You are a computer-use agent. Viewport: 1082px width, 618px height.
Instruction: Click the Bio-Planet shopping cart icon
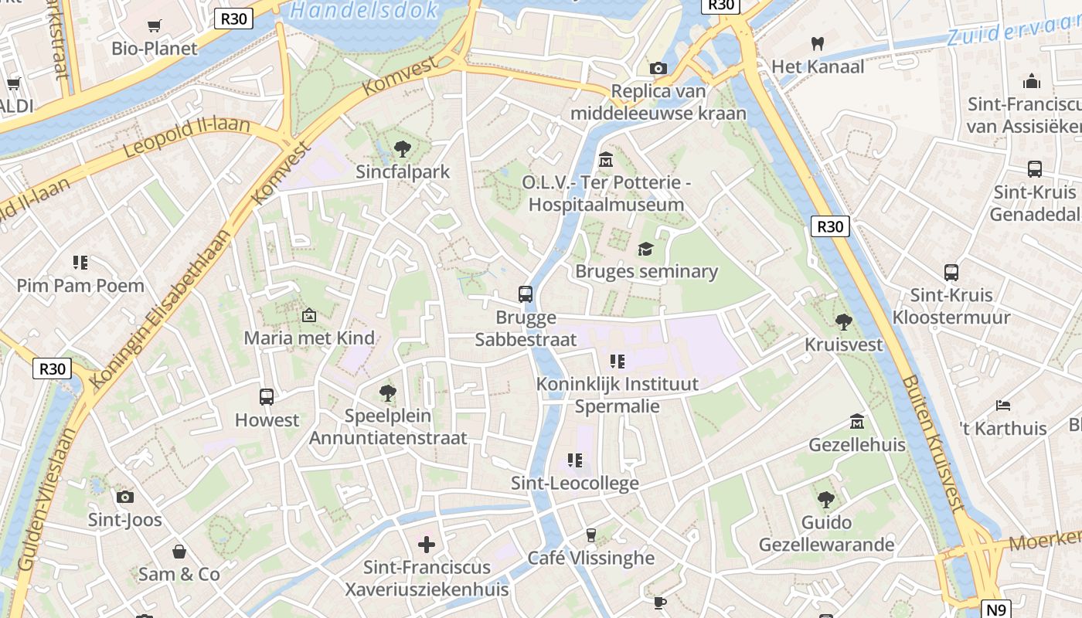click(154, 26)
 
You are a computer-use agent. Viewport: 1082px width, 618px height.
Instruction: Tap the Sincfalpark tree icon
click(402, 148)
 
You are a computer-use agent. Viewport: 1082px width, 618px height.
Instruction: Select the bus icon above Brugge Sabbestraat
click(526, 294)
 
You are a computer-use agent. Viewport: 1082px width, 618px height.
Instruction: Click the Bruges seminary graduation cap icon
click(645, 249)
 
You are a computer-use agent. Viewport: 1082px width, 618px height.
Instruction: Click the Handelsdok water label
click(364, 10)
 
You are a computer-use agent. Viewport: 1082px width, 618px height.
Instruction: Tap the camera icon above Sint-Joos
click(124, 497)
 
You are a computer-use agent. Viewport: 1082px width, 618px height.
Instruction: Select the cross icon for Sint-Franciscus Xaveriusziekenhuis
click(426, 545)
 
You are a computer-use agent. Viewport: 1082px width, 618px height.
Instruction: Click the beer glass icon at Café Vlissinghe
click(591, 535)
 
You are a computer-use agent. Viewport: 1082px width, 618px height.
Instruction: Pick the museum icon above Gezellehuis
click(856, 422)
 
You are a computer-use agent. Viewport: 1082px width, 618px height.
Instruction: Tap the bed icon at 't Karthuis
click(1002, 405)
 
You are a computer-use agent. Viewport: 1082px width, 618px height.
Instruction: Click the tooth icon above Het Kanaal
click(817, 44)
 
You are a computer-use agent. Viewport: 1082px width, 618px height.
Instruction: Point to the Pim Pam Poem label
click(80, 286)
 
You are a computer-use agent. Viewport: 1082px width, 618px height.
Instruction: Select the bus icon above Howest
click(267, 397)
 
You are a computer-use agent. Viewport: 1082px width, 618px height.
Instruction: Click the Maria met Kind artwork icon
click(309, 315)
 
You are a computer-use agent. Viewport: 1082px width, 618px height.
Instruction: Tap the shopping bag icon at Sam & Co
click(179, 552)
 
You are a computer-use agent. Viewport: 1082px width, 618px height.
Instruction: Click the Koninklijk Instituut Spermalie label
click(617, 395)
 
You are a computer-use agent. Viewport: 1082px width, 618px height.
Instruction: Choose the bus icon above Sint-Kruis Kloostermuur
click(951, 272)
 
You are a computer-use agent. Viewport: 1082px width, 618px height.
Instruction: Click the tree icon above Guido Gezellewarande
click(826, 499)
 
